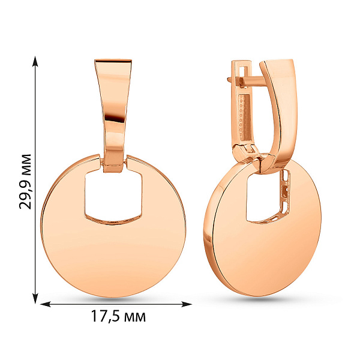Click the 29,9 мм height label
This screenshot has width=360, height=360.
pos(25,182)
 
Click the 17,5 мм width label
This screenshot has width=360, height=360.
pos(118,316)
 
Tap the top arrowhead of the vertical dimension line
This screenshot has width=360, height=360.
pos(35,61)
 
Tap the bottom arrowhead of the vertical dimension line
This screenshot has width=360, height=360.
pos(35,298)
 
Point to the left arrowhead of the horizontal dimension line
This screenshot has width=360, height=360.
pos(46,304)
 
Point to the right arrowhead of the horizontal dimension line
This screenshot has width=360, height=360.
pos(187,304)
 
